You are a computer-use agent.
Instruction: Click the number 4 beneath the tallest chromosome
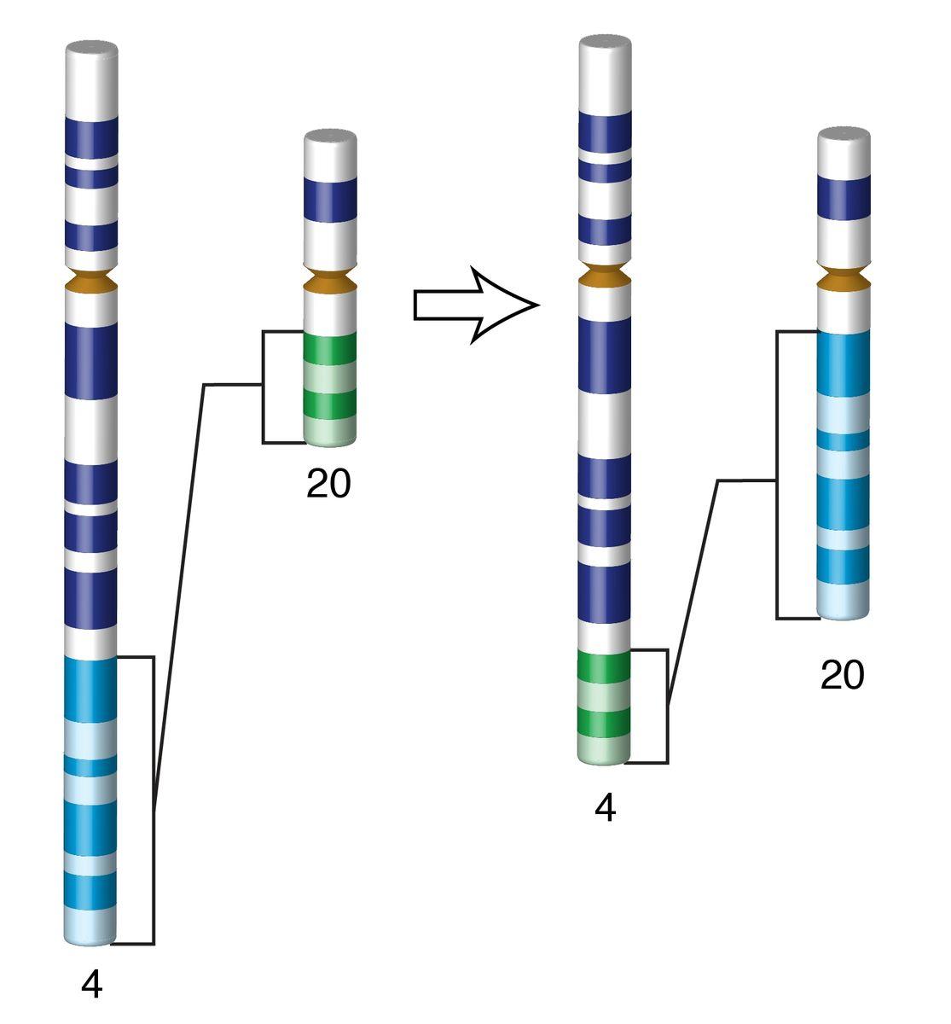pos(92,985)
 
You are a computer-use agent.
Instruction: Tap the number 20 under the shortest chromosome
pos(328,485)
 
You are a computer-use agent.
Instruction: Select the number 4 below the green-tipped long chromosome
pos(605,808)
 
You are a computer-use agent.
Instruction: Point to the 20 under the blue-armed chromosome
pos(842,676)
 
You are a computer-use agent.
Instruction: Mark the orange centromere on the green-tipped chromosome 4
pos(605,275)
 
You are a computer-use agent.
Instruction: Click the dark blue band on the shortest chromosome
pos(330,198)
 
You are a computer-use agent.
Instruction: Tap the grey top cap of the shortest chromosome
pos(330,137)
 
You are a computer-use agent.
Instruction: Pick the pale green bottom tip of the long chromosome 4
pos(604,752)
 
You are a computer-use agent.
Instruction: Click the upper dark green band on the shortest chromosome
pos(330,348)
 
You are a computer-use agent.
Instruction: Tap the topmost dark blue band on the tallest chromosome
pos(91,136)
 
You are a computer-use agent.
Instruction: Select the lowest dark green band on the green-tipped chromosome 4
pos(604,722)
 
